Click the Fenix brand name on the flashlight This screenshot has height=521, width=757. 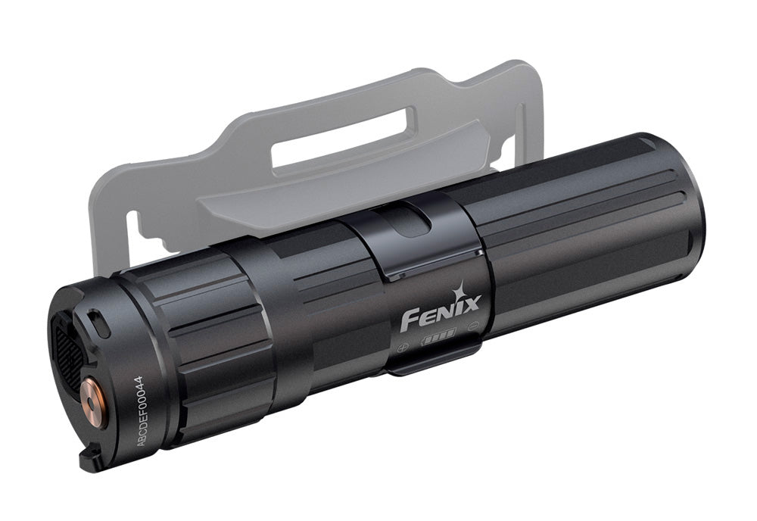point(441,313)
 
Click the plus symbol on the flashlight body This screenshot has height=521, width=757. point(403,347)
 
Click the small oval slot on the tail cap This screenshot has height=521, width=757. point(99,324)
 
